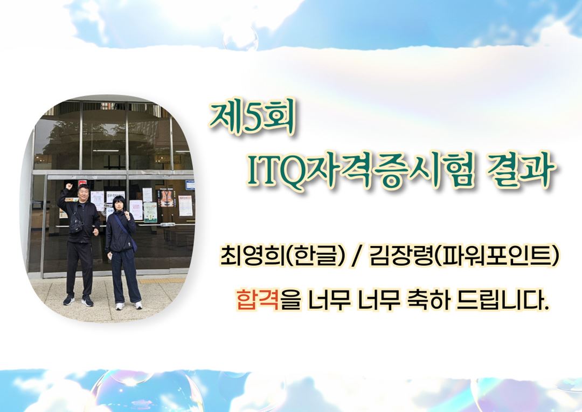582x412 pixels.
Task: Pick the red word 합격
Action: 258,299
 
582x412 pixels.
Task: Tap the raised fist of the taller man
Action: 68,186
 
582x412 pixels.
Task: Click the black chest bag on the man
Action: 76,224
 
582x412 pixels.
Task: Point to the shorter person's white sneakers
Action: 128,306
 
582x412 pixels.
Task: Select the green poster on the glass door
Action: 150,212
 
